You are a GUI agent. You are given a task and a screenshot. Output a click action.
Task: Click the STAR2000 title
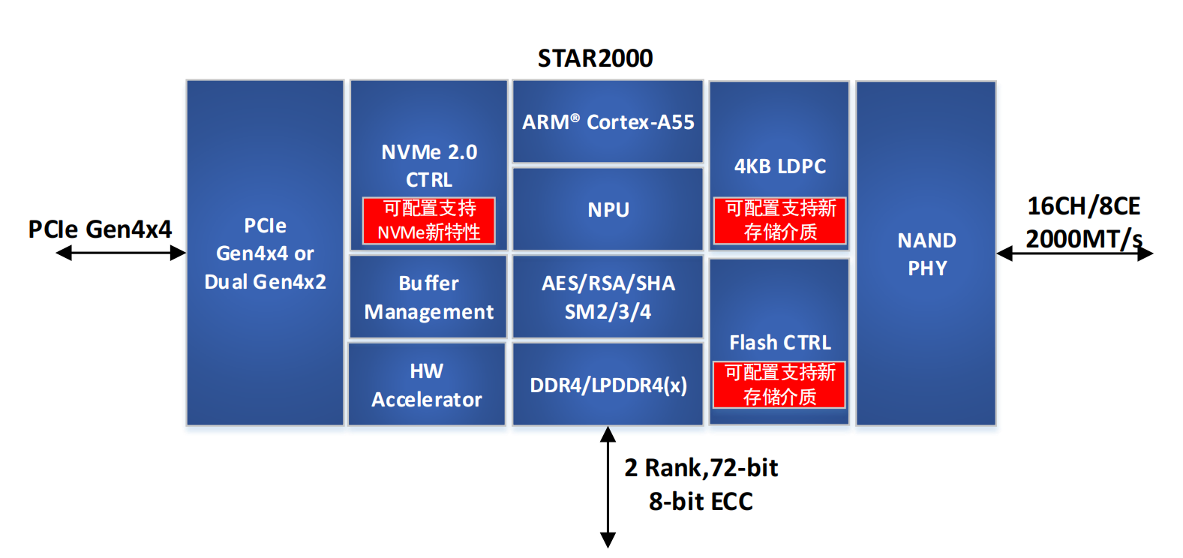[595, 58]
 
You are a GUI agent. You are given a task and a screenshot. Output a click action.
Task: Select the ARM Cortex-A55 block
[608, 121]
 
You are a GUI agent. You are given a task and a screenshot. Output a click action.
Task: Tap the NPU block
[608, 209]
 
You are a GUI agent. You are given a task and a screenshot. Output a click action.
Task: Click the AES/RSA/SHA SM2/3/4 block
[608, 297]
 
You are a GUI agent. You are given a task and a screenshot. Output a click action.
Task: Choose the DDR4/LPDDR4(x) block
[608, 385]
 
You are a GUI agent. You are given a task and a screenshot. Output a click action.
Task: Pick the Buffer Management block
[428, 297]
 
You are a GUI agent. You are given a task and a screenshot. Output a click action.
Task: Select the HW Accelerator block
[427, 385]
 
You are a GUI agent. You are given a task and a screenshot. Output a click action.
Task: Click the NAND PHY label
[926, 253]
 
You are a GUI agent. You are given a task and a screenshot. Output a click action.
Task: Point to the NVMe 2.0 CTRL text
[429, 165]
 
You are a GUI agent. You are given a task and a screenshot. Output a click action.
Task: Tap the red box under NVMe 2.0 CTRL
[428, 220]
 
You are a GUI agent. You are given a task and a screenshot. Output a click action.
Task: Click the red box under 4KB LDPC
[780, 220]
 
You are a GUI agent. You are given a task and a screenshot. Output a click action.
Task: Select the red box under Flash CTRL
[779, 385]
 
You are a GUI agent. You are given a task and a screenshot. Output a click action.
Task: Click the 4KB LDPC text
[780, 166]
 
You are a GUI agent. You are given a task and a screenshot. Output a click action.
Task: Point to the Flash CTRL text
[780, 343]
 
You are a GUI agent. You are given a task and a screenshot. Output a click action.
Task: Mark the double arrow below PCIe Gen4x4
[121, 253]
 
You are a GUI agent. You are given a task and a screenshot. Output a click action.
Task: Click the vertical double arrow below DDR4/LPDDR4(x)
[608, 487]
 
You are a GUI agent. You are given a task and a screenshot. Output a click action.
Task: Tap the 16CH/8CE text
[1083, 205]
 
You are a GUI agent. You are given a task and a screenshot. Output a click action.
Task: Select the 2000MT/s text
[1083, 238]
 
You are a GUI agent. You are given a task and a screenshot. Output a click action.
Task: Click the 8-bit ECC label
[701, 501]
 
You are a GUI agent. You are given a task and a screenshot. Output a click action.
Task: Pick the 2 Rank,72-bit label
[701, 468]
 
